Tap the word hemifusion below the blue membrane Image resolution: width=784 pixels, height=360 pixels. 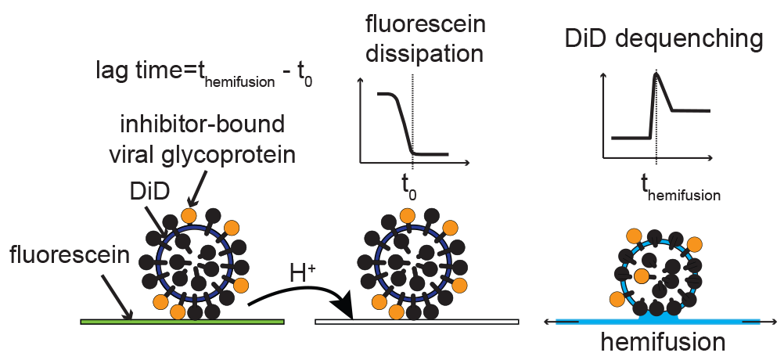[x=663, y=342]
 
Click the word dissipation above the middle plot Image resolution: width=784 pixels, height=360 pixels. [x=425, y=54]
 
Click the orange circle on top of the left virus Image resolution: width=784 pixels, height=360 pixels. [x=188, y=215]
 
